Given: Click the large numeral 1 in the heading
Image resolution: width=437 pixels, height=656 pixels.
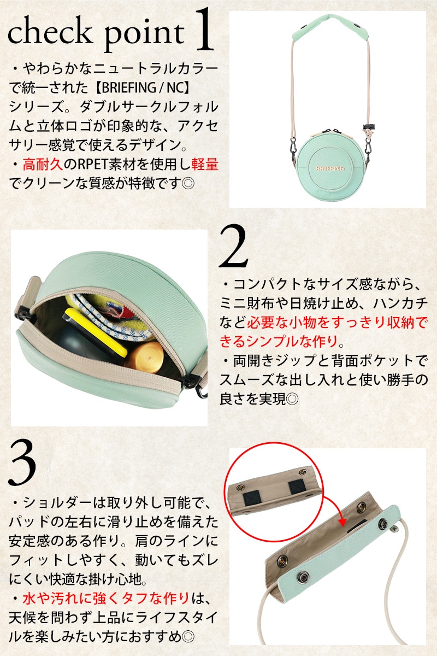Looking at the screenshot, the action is pos(203,30).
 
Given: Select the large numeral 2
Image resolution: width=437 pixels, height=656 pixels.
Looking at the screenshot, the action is pos(234,247).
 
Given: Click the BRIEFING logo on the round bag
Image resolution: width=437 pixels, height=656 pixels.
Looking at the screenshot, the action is pos(330,168).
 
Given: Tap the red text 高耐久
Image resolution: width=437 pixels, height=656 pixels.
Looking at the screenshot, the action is pos(43,165).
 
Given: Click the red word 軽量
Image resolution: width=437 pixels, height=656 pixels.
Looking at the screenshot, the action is pos(205,165).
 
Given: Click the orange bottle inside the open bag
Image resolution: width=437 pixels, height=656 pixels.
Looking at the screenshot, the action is pos(145,356).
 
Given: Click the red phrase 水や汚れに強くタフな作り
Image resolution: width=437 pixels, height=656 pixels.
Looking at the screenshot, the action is pos(106,599).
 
